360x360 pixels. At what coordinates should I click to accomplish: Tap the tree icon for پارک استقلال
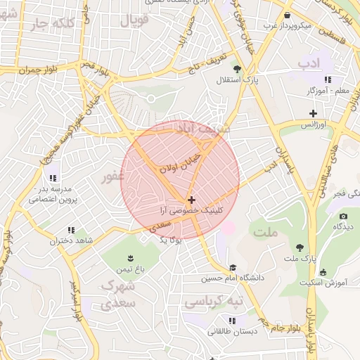(x=237, y=69)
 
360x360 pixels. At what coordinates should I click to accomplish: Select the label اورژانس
(x=313, y=124)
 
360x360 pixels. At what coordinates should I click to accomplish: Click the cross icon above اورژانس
(x=313, y=112)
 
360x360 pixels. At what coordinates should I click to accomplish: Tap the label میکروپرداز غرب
(x=287, y=27)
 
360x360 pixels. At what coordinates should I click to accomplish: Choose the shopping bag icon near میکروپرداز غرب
(x=287, y=15)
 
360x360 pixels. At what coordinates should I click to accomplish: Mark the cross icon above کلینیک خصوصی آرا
(x=191, y=200)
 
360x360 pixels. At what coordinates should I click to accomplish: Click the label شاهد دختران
(x=71, y=241)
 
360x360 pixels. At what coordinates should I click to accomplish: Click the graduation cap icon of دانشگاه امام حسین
(x=233, y=267)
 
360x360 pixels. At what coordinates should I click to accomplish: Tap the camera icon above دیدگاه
(x=343, y=216)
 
